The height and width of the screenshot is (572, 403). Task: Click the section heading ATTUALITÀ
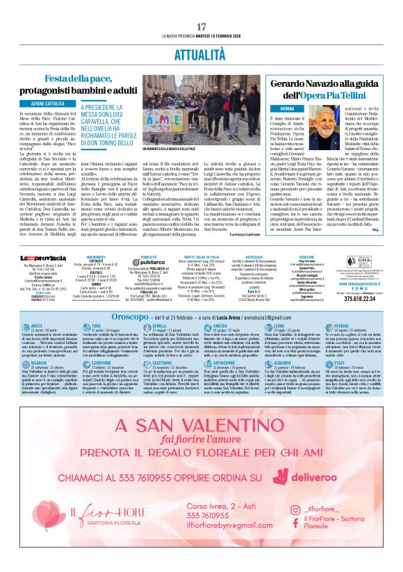click(x=201, y=53)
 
